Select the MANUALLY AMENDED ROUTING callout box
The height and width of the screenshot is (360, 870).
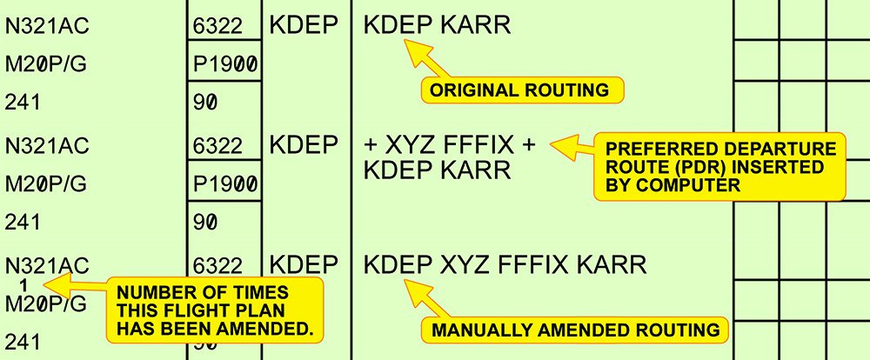(575, 330)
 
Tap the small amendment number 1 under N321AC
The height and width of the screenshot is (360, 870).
(24, 284)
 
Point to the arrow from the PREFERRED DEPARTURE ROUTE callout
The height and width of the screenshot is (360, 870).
(566, 144)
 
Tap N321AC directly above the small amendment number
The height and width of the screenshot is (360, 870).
(47, 264)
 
